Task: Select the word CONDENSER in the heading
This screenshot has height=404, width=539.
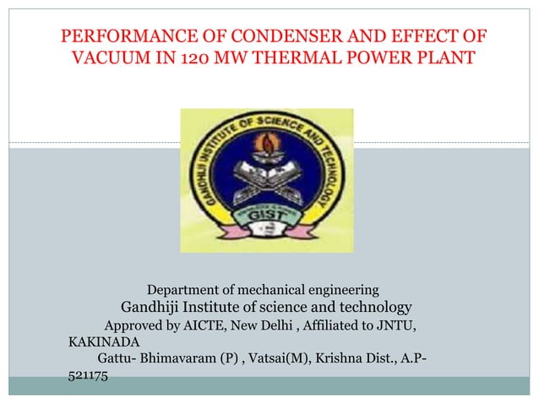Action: click(274, 37)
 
